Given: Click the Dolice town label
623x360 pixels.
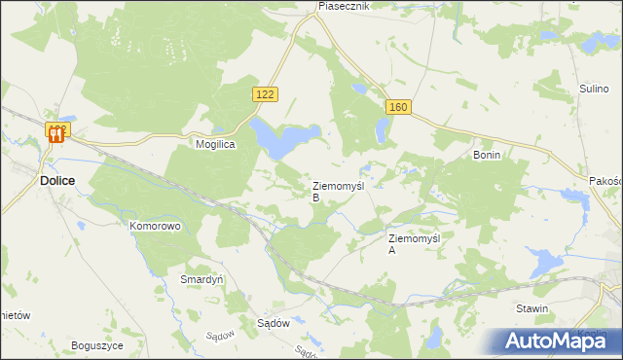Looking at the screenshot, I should (x=58, y=180).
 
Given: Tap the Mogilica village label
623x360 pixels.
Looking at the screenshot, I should (x=216, y=142).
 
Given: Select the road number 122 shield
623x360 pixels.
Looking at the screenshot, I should (x=265, y=93).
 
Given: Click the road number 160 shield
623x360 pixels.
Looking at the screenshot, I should (x=395, y=107).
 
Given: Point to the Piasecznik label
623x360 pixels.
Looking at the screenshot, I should (x=345, y=6).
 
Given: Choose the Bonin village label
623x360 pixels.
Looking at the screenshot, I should (x=486, y=155).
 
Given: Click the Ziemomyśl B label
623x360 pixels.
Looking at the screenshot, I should (x=337, y=191).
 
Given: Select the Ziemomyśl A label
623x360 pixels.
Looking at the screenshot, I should (x=415, y=243).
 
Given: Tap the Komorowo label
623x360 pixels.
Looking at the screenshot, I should (x=155, y=226).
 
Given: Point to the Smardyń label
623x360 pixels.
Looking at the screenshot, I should (x=202, y=278).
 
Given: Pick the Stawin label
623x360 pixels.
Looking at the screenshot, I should (x=532, y=308).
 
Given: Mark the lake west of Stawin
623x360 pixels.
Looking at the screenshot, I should (x=541, y=262).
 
